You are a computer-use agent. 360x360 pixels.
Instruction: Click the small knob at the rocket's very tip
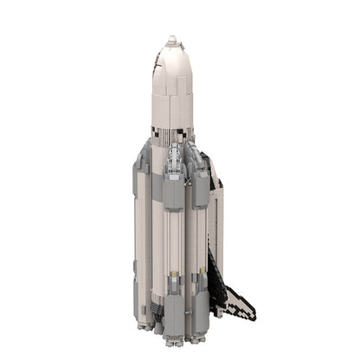(x=172, y=38)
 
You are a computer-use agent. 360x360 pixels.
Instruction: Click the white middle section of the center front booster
(x=174, y=251)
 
